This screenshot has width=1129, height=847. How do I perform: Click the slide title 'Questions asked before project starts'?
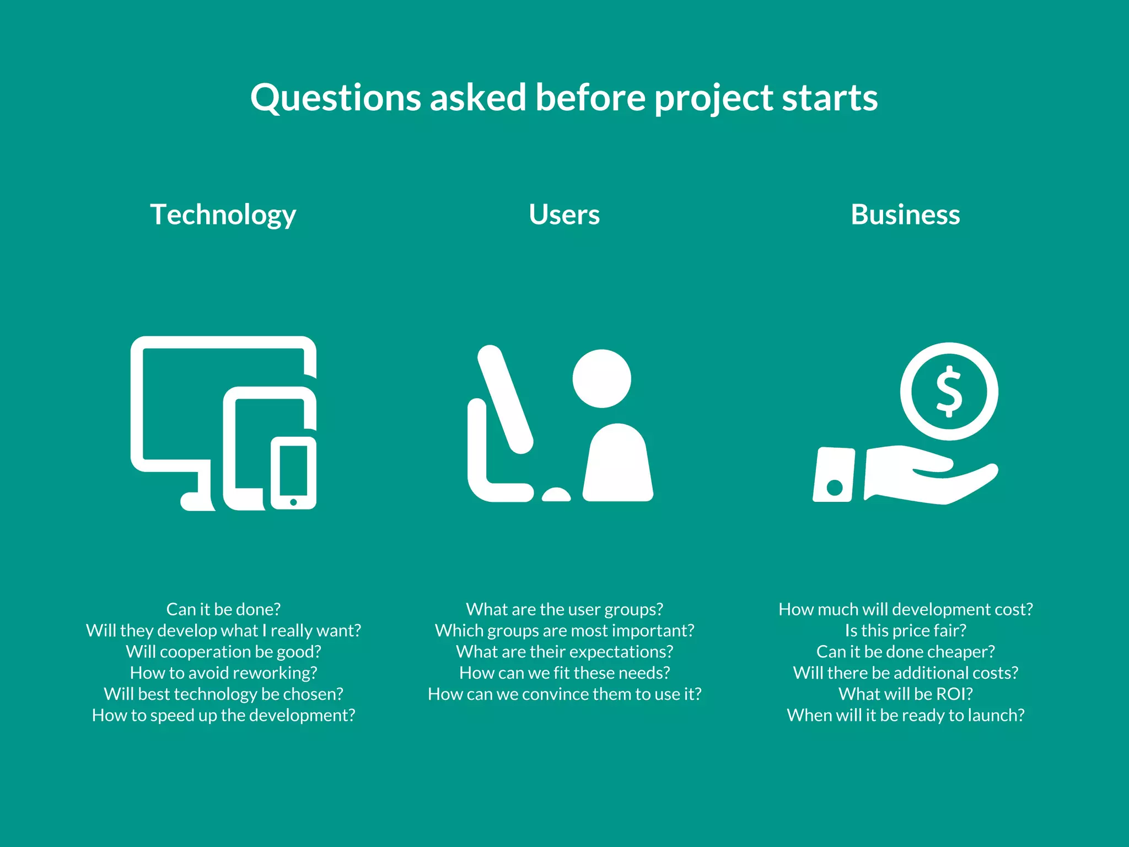pyautogui.click(x=564, y=98)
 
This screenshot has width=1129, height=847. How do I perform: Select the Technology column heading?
pyautogui.click(x=223, y=215)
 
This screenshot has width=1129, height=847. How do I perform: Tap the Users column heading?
pyautogui.click(x=564, y=215)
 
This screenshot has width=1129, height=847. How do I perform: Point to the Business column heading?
pyautogui.click(x=905, y=215)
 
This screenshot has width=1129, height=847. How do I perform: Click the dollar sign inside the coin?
pyautogui.click(x=949, y=392)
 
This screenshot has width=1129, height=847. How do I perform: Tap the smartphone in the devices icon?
pyautogui.click(x=293, y=473)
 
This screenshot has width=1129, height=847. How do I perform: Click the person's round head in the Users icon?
pyautogui.click(x=601, y=378)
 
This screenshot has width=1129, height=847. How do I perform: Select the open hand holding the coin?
pyautogui.click(x=932, y=474)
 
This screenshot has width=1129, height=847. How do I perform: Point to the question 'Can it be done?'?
pyautogui.click(x=223, y=609)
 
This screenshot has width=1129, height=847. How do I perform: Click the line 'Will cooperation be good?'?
pyautogui.click(x=223, y=652)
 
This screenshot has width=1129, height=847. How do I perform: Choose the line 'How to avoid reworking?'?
pyautogui.click(x=223, y=673)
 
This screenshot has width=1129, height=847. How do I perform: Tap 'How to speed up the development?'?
pyautogui.click(x=223, y=715)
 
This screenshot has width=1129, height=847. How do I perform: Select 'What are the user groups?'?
pyautogui.click(x=564, y=609)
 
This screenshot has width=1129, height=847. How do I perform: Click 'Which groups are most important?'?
pyautogui.click(x=564, y=630)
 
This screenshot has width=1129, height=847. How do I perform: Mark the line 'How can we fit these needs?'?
pyautogui.click(x=564, y=673)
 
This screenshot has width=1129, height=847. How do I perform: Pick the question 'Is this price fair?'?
pyautogui.click(x=905, y=630)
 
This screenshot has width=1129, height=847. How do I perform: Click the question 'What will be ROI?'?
pyautogui.click(x=905, y=694)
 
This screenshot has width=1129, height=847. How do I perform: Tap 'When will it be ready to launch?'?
pyautogui.click(x=905, y=715)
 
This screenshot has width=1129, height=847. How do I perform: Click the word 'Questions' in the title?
pyautogui.click(x=336, y=98)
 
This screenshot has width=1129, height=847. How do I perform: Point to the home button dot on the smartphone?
pyautogui.click(x=293, y=502)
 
